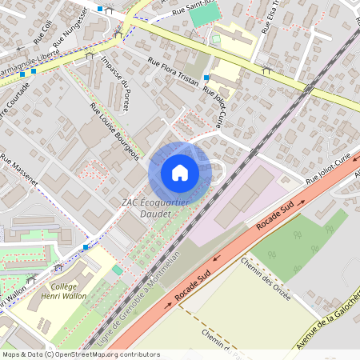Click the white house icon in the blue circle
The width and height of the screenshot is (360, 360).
(180, 173)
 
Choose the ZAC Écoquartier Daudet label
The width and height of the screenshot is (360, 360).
(155, 206)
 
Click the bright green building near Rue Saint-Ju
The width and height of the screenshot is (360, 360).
(205, 14)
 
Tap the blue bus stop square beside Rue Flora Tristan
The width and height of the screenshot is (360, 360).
(206, 78)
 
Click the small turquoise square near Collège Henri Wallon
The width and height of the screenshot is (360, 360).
(118, 270)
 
